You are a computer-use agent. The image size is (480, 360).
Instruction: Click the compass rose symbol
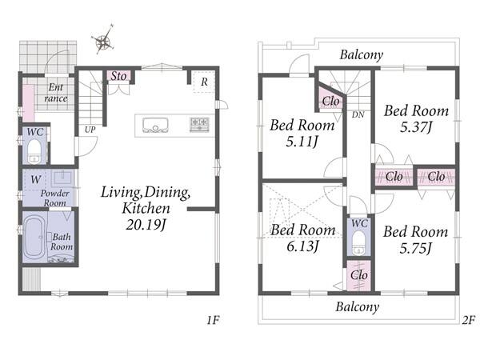click(x=104, y=40)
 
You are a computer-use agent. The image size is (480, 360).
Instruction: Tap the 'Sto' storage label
click(x=118, y=76)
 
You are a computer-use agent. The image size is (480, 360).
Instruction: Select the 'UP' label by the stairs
click(x=90, y=130)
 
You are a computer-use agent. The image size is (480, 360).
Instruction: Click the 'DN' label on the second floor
click(x=358, y=114)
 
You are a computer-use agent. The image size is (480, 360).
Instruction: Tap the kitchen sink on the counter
click(x=155, y=126)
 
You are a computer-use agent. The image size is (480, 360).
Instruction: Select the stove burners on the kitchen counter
click(x=199, y=125)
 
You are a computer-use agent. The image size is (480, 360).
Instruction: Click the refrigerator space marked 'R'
click(x=204, y=82)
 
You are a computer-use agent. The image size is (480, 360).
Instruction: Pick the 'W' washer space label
click(x=35, y=179)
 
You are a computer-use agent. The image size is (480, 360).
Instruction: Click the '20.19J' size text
click(x=146, y=225)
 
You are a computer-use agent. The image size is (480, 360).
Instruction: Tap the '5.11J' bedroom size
click(x=302, y=142)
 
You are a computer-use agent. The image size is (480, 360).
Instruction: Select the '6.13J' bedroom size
click(x=302, y=246)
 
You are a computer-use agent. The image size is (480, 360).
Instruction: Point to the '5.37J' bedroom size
click(x=416, y=126)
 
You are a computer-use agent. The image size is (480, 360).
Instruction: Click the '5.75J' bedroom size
click(x=415, y=248)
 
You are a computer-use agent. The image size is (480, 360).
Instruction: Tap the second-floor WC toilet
click(x=358, y=242)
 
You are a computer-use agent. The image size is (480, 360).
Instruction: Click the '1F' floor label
click(x=213, y=320)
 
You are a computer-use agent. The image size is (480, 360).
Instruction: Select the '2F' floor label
click(x=468, y=320)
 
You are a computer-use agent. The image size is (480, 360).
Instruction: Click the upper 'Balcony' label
click(x=362, y=54)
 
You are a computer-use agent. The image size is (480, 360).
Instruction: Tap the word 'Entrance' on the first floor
click(x=55, y=93)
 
